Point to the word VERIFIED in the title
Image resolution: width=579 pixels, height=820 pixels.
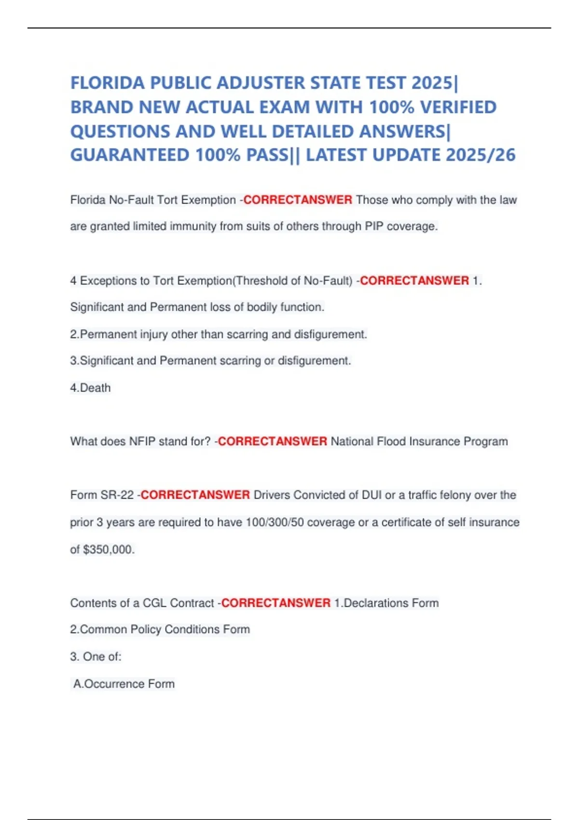point(458,107)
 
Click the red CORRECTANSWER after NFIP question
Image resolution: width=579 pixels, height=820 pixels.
point(273,441)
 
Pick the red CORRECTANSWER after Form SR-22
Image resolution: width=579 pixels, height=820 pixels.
point(195,495)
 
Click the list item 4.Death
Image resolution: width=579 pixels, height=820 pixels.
point(91,388)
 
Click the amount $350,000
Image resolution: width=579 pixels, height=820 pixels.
point(109,549)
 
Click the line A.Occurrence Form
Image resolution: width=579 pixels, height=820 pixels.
point(124,683)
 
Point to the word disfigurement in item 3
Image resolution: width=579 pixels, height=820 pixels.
point(314,361)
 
